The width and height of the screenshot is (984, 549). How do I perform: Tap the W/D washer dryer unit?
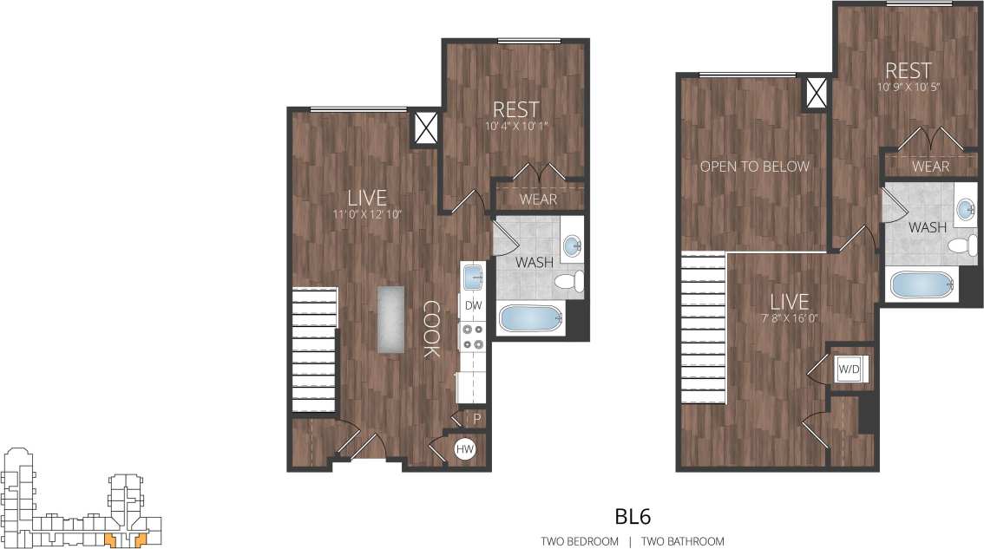[848, 369]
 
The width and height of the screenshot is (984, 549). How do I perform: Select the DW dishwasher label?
[473, 305]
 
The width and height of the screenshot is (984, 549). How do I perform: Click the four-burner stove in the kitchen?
[473, 337]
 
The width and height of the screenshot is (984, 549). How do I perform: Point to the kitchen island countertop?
[391, 319]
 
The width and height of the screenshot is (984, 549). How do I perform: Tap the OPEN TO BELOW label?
[755, 167]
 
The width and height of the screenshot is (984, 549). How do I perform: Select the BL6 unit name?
[633, 517]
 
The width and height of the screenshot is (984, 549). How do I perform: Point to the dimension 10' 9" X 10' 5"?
[909, 88]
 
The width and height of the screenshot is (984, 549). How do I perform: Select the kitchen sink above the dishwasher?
[473, 278]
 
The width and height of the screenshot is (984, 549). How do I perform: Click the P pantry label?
[476, 419]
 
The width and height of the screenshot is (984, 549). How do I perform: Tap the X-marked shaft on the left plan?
[425, 128]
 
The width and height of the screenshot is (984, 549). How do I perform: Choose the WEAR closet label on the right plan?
[931, 167]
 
